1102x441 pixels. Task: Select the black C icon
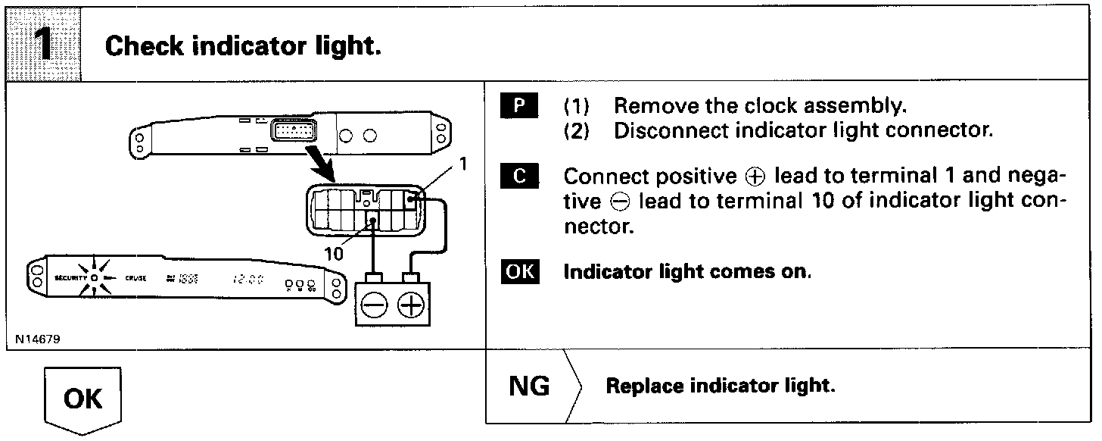519,177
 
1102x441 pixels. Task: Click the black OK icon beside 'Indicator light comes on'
519,271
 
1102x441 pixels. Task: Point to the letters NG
530,386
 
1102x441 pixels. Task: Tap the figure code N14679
36,339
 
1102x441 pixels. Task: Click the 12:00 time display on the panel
247,279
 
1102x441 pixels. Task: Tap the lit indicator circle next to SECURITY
94,278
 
